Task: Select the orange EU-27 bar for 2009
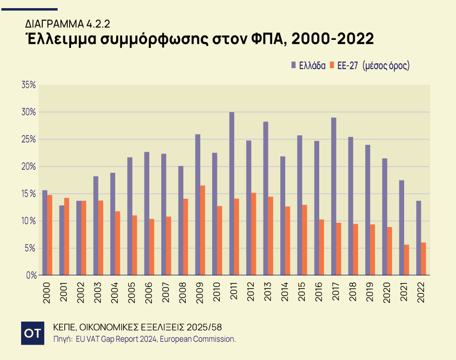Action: [x=203, y=230]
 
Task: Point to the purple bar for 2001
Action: [x=61, y=240]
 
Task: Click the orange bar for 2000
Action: [x=49, y=235]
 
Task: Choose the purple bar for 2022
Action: [x=419, y=238]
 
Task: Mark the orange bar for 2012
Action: [x=253, y=234]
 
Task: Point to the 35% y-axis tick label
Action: [x=29, y=85]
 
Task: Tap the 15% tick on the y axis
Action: [x=29, y=194]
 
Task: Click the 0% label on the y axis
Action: [x=31, y=276]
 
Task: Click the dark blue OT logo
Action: [x=33, y=333]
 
